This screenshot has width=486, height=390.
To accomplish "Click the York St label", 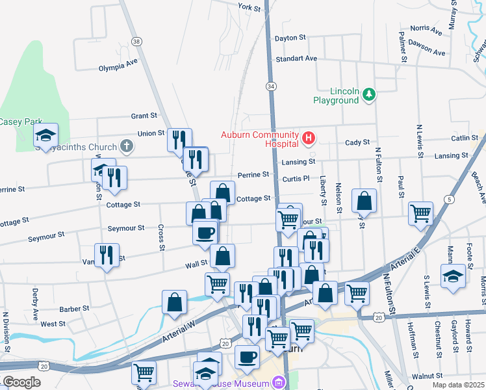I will point(249,7).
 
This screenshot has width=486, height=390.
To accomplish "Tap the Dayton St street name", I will point(290,38).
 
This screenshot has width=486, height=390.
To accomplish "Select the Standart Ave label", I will point(296,58).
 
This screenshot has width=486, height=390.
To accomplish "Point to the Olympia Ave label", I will point(118,66).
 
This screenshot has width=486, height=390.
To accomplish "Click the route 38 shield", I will point(136,42).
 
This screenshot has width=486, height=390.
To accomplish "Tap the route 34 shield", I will point(270,86).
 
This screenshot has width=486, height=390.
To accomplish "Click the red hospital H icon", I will point(309,138).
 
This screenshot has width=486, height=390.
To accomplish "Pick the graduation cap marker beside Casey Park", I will point(45,135).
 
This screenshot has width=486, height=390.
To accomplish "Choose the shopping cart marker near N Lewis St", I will point(420,212).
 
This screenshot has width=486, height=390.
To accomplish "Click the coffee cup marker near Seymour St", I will point(205,232).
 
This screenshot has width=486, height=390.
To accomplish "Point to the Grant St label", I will point(144,116).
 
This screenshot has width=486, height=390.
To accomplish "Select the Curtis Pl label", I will point(294,179).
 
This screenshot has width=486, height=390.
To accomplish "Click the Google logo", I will point(21,382).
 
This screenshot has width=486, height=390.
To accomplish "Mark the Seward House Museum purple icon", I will point(280,382).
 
